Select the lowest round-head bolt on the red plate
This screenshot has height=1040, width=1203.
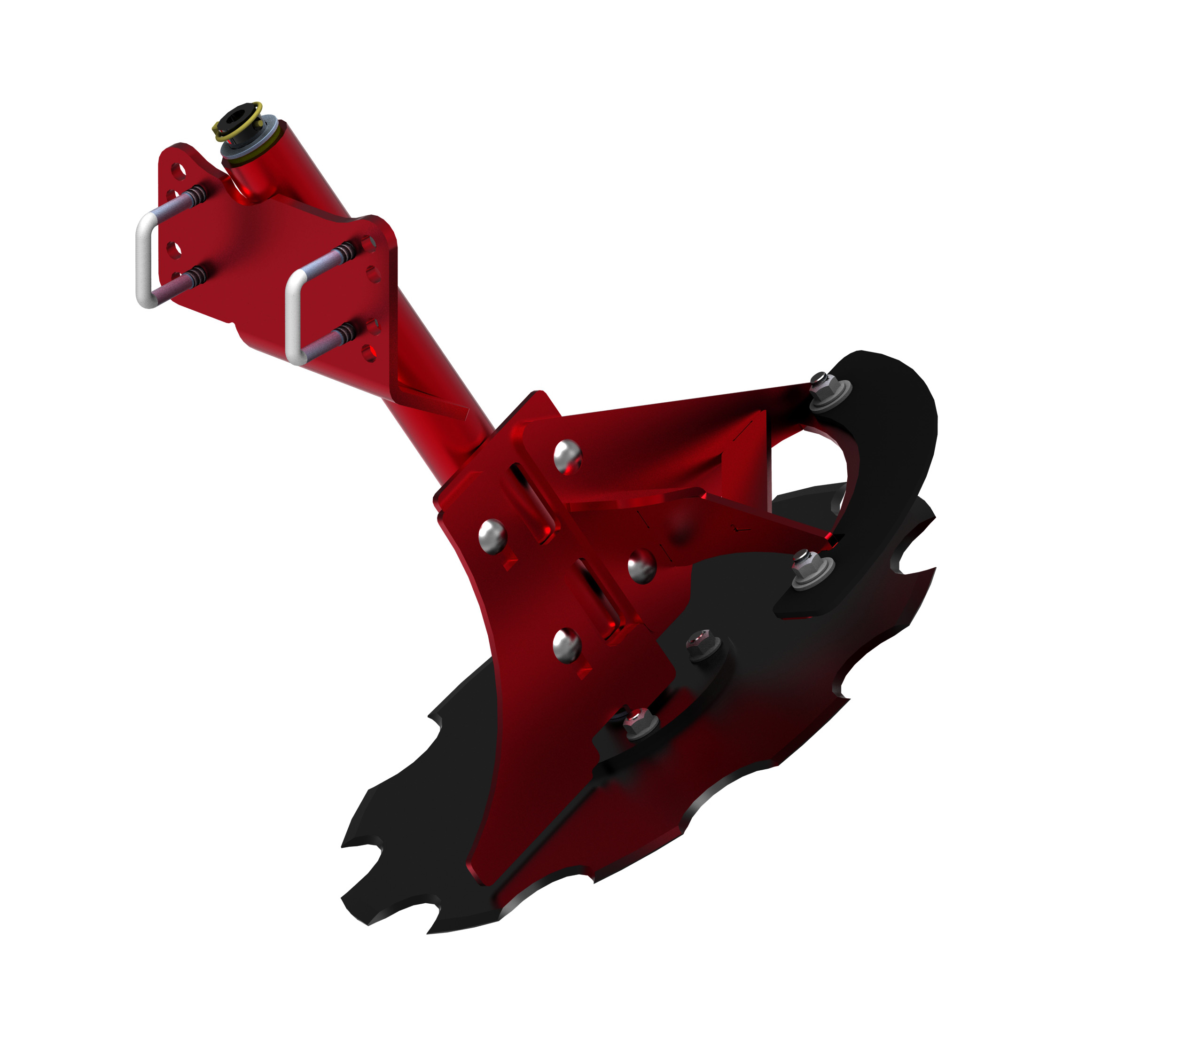point(567,645)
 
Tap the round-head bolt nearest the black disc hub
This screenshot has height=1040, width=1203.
point(641,566)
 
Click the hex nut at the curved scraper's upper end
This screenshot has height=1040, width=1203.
point(828,387)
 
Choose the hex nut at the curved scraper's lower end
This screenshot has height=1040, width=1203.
point(811,567)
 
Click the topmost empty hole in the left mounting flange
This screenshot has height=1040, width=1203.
point(180,171)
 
